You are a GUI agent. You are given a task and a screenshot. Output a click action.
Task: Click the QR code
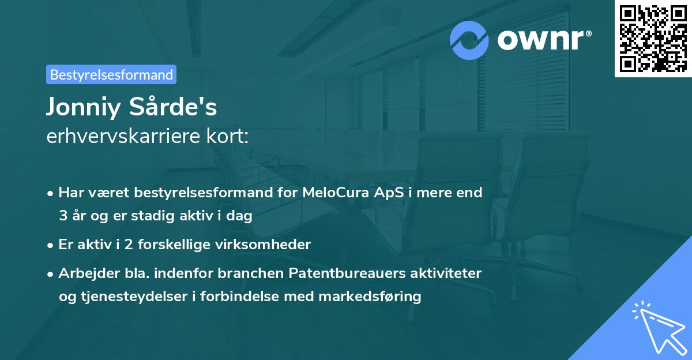click(653, 39)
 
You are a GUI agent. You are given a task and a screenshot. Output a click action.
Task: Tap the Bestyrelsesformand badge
click(111, 74)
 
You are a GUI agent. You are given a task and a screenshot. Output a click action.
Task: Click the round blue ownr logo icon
click(469, 40)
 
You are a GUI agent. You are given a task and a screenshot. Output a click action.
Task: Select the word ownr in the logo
click(543, 40)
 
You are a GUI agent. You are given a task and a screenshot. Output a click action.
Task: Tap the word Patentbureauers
click(345, 273)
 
